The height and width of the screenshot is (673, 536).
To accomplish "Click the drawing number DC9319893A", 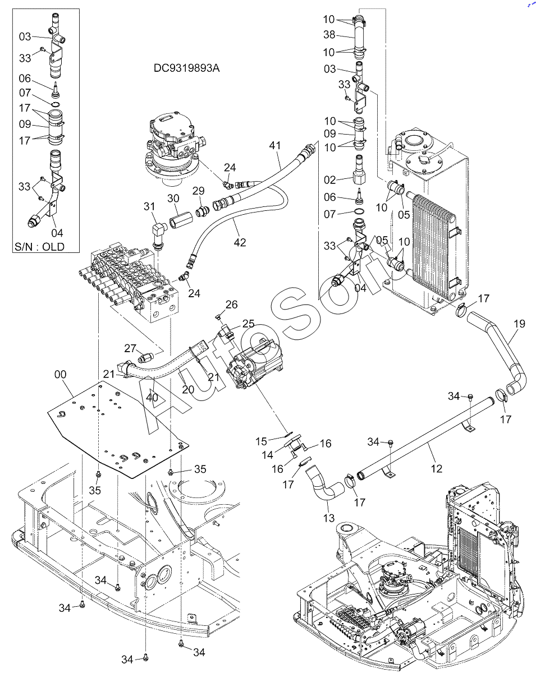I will click(187, 68).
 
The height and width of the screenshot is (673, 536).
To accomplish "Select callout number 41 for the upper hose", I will click(274, 146).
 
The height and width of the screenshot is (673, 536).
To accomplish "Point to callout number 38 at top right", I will click(329, 35).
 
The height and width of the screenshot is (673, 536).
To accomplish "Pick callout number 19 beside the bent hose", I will click(519, 323).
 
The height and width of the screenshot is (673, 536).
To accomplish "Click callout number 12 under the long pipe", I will click(436, 468).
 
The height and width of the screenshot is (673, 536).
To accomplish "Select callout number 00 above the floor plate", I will click(60, 372).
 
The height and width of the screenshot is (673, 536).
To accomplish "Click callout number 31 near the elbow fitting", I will click(149, 206).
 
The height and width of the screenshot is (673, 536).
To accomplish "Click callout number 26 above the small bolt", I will click(231, 305).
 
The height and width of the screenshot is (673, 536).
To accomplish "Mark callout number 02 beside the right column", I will click(329, 180).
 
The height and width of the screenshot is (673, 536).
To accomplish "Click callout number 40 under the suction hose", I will click(152, 398).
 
